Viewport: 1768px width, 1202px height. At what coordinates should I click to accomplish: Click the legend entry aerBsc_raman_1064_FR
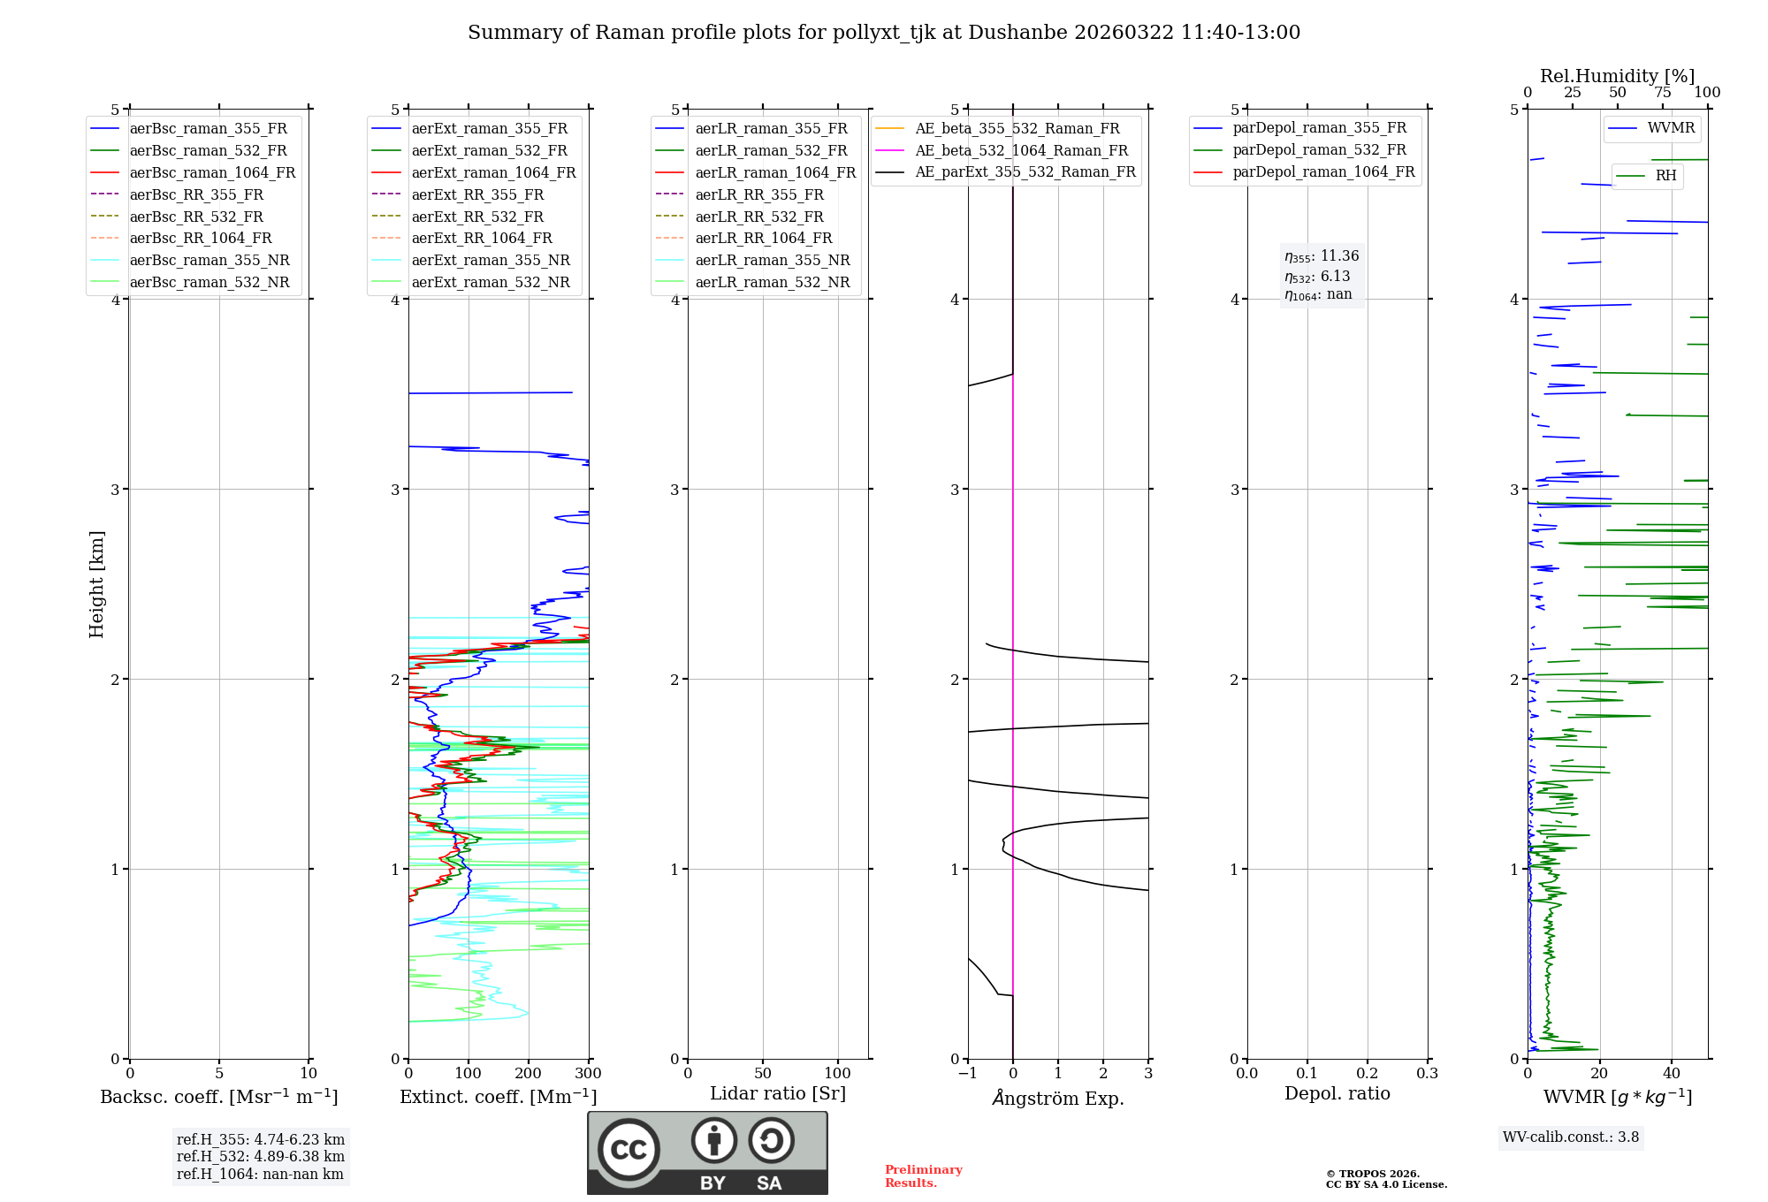click(212, 173)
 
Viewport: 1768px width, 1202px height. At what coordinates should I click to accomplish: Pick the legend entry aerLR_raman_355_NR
click(772, 261)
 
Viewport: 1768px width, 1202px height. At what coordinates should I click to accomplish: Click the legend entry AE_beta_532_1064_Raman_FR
click(1021, 151)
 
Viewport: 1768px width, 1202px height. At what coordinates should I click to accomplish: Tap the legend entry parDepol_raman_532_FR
click(1319, 150)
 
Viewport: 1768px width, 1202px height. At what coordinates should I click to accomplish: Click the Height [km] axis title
click(96, 584)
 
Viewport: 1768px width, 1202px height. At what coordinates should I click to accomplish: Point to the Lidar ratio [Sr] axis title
click(778, 1094)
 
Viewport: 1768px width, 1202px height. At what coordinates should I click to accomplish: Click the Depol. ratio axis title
click(1337, 1094)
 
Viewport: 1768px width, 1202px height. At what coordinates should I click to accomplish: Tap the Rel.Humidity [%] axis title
click(1617, 76)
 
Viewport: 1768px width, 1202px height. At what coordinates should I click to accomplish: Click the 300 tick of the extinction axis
click(589, 1074)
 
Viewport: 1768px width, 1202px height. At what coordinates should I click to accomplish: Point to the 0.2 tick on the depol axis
click(1368, 1074)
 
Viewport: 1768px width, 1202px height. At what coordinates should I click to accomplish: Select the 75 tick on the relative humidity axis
click(1663, 93)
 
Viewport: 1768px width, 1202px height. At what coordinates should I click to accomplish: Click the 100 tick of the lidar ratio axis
click(838, 1074)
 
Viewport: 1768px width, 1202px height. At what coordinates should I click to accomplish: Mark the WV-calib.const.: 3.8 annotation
click(1570, 1137)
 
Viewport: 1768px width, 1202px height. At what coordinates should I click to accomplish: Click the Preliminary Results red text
click(923, 1176)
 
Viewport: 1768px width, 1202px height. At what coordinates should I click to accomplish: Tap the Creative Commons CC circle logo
click(629, 1150)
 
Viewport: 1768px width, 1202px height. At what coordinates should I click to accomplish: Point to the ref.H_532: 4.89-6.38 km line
click(260, 1157)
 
